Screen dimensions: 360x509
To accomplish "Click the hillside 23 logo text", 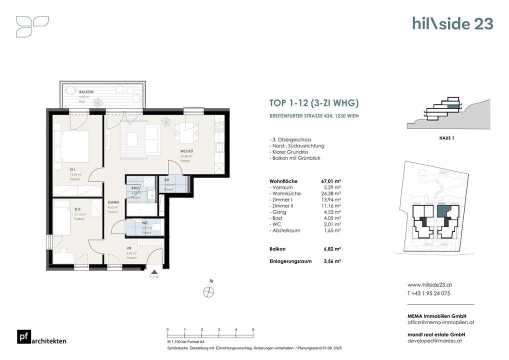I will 452,23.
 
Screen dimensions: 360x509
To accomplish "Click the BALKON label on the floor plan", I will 86,92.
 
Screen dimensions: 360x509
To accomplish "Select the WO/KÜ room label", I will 187,150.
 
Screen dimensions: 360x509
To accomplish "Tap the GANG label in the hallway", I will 113,202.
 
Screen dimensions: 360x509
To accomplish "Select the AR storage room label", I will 166,179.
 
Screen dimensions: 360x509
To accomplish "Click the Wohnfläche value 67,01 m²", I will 330,181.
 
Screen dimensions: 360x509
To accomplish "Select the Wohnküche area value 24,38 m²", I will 330,193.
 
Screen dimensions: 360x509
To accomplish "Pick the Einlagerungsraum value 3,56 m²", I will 330,260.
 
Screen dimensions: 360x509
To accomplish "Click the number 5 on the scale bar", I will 253,330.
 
